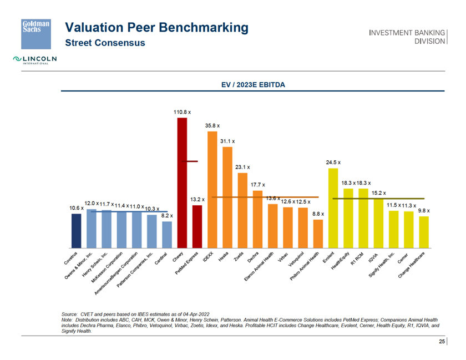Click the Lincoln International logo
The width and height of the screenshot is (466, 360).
(x=36, y=59)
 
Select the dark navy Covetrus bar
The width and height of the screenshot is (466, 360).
(x=76, y=230)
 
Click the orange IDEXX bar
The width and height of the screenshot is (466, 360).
(x=212, y=189)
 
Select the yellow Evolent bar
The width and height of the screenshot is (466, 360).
(x=333, y=208)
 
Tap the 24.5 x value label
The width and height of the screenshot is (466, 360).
(x=333, y=162)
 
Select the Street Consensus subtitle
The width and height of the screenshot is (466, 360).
(x=105, y=43)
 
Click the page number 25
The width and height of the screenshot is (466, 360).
(x=442, y=342)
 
